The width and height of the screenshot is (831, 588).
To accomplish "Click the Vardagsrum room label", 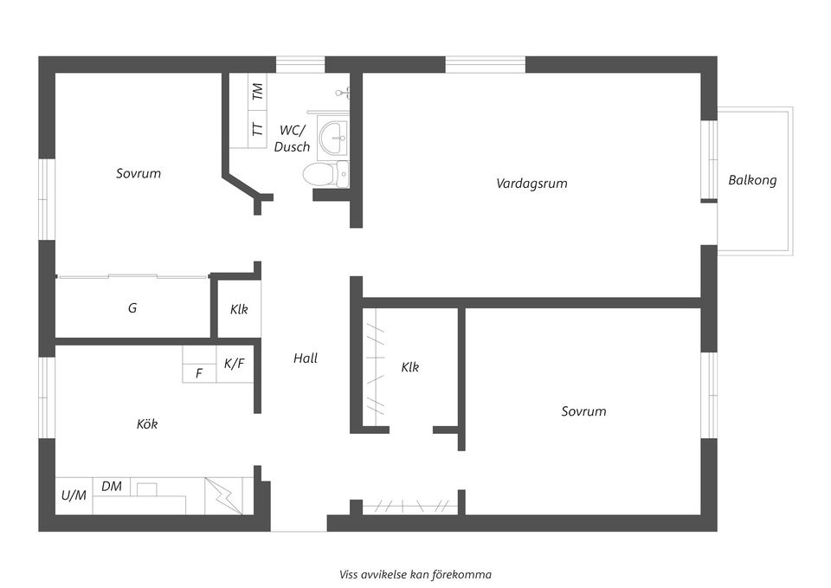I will pos(531,184).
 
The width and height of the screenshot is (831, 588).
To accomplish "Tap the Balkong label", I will pos(752,180).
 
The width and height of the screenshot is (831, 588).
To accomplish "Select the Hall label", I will pos(305,358).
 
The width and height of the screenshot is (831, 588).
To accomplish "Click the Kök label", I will pos(147,424).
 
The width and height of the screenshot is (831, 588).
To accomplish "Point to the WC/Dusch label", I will pos(292,139).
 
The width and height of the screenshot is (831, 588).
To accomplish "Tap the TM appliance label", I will pos(257,91).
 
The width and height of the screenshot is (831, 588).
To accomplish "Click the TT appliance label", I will pos(257,129).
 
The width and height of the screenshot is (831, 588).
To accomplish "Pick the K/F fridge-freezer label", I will pos(235,365).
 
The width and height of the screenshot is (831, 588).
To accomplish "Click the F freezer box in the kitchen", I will pos(199,374).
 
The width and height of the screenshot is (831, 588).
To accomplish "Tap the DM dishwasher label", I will pos(112,487).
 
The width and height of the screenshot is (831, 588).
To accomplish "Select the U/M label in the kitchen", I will pos(74,496).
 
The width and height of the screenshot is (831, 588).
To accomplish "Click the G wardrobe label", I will pos(132,307).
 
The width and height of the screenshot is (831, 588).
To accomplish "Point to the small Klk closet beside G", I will pos(239,309).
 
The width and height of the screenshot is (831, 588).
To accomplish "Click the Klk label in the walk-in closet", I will pos(410,367).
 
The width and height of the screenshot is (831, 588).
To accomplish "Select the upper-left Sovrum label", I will pos(138,173).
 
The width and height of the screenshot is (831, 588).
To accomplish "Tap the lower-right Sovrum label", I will pos(583,411).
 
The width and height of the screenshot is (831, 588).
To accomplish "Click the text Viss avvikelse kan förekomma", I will pos(415,574).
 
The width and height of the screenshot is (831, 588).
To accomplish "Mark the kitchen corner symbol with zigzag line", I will pos(223,496).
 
